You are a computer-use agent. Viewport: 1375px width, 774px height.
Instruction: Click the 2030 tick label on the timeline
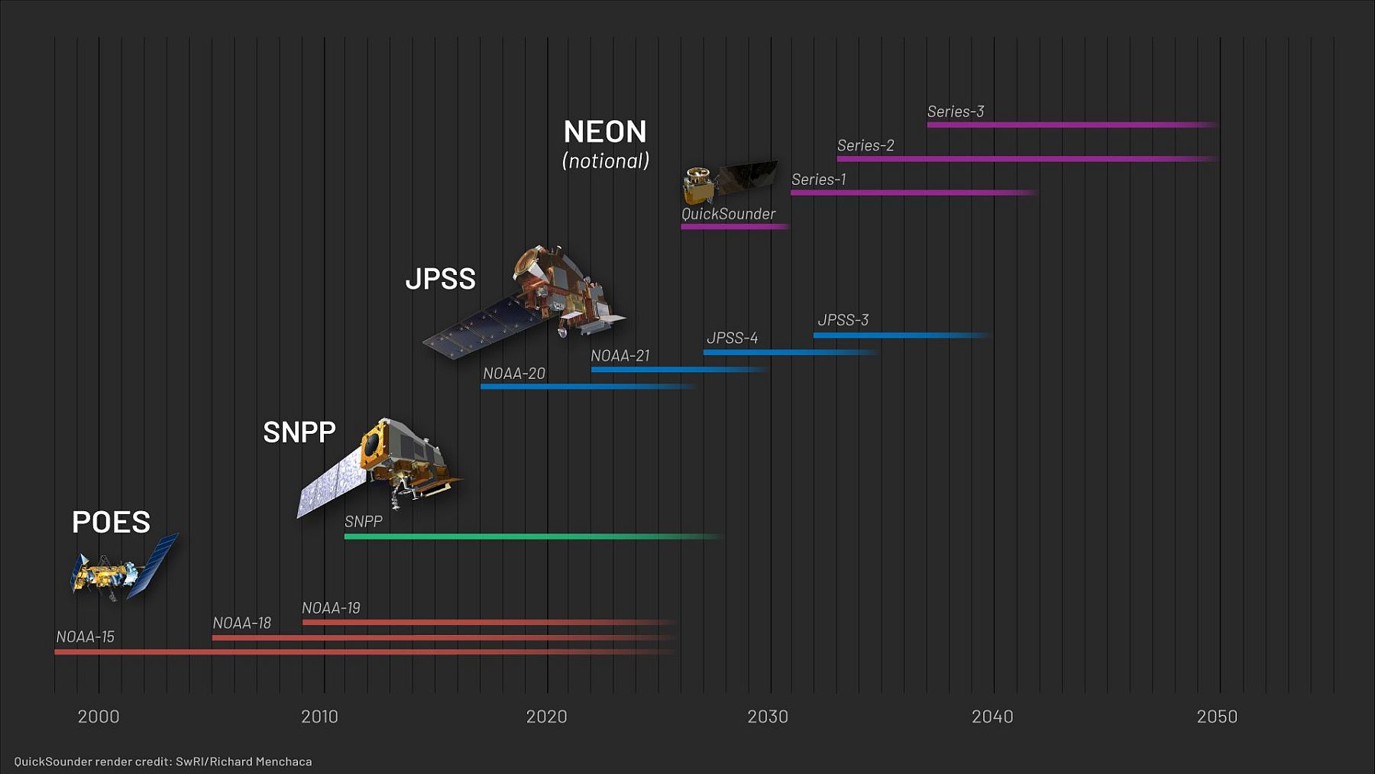(x=767, y=717)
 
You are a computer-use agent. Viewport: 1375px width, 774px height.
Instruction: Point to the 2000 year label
(x=99, y=717)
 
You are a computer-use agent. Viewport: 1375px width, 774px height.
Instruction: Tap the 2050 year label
(x=1216, y=717)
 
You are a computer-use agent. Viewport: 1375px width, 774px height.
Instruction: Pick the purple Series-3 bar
(x=1069, y=125)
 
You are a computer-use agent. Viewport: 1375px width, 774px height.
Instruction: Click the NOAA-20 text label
(x=514, y=374)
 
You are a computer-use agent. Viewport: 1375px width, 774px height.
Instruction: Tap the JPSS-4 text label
(x=732, y=338)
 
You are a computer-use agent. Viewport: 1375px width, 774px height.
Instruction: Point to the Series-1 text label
(x=818, y=180)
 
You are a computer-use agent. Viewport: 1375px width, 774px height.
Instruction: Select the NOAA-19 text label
(x=331, y=608)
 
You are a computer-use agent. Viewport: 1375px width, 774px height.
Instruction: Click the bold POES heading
(x=111, y=523)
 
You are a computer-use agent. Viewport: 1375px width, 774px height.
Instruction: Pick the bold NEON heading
(x=605, y=132)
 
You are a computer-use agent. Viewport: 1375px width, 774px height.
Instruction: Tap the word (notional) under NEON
(x=606, y=161)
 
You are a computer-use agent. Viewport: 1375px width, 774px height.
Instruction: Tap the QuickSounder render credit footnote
(x=163, y=761)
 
